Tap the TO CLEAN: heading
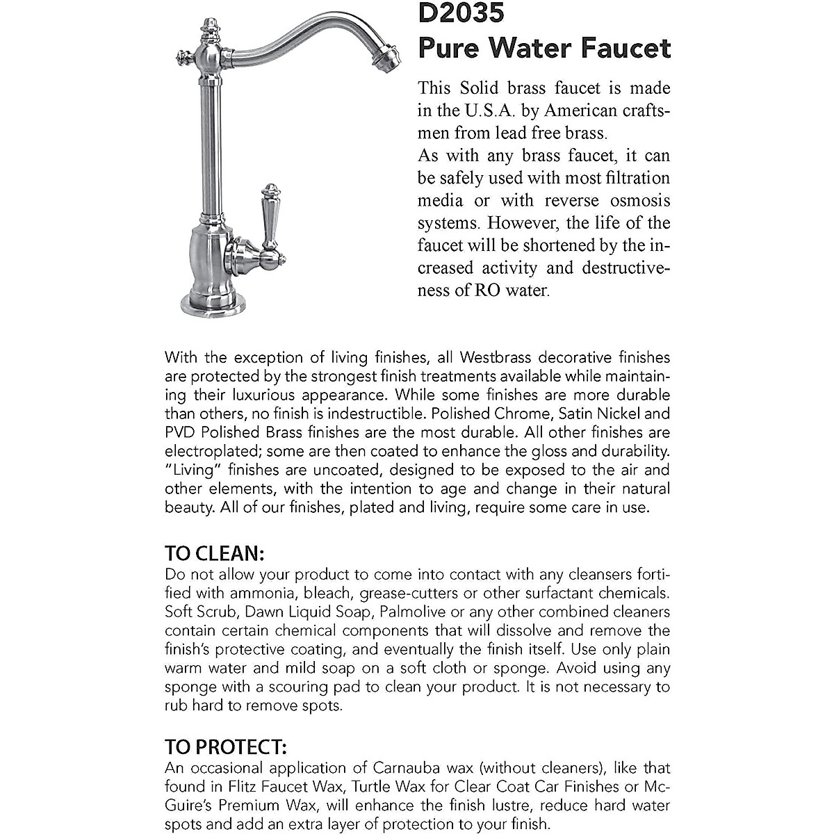[215, 554]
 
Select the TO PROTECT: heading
[226, 747]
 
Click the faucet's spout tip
[390, 59]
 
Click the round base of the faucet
[213, 301]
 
